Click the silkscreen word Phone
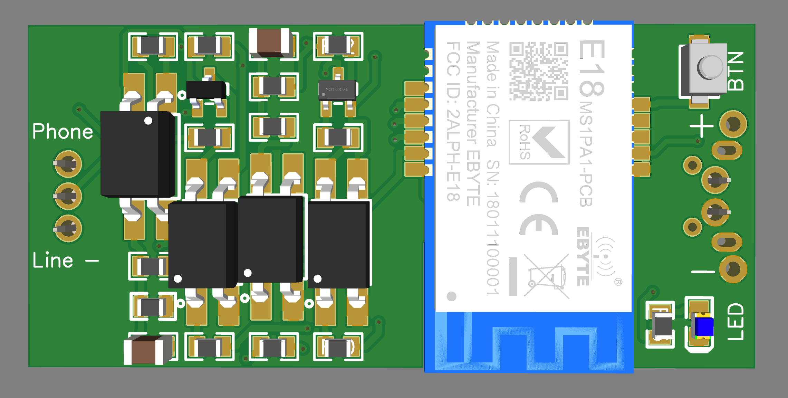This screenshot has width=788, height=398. [63, 132]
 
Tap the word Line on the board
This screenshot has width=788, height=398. [53, 260]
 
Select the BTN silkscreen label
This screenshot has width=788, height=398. [736, 71]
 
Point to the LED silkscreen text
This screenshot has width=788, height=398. [736, 322]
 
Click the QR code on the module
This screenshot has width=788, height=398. [538, 71]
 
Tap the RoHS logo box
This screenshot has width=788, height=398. [539, 142]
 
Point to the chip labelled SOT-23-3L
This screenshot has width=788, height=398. [337, 90]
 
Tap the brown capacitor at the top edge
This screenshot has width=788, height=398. [269, 43]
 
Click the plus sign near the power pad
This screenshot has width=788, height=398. [701, 126]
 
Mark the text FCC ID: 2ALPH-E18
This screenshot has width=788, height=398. [453, 121]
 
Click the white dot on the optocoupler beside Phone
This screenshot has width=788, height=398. [148, 121]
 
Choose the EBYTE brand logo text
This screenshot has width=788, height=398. [583, 256]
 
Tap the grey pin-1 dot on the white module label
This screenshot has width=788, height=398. [451, 296]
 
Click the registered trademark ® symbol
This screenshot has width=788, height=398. [618, 282]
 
